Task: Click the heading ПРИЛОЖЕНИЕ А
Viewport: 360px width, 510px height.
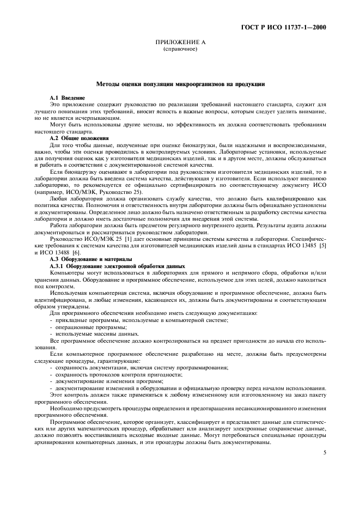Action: click(x=180, y=42)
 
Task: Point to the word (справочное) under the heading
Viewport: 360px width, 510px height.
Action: click(x=180, y=49)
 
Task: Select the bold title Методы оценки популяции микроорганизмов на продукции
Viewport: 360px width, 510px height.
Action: click(x=180, y=84)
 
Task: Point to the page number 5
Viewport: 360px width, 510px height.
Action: click(x=324, y=452)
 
